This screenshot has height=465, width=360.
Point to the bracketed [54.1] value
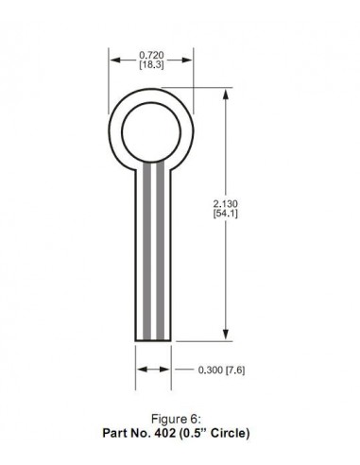coord(228,215)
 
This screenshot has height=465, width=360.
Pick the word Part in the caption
coord(117,434)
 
